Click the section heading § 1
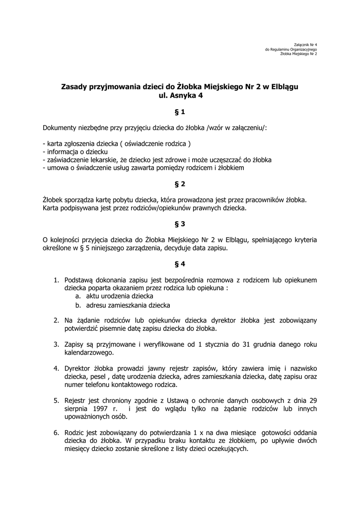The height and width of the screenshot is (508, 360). pyautogui.click(x=180, y=112)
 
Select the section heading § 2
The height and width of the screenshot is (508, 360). pyautogui.click(x=180, y=184)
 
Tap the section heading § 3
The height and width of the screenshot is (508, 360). pyautogui.click(x=180, y=224)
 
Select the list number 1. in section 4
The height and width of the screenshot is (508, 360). pyautogui.click(x=57, y=280)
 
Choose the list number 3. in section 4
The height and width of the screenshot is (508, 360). pyautogui.click(x=57, y=344)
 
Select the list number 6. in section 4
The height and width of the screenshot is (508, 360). pyautogui.click(x=57, y=432)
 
